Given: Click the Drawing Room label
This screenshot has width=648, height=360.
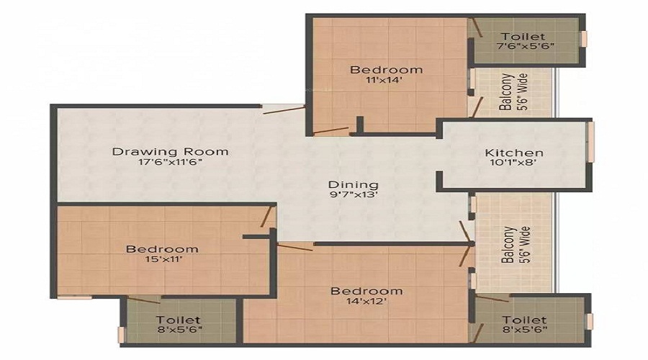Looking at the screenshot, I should (x=171, y=151).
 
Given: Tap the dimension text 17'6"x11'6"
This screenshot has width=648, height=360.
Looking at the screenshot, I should (x=171, y=163).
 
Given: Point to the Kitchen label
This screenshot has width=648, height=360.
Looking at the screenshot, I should (x=514, y=153).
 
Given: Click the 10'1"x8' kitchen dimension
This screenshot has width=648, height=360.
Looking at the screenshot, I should (x=514, y=163).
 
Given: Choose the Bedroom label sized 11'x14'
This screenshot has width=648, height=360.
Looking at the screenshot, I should (x=387, y=69).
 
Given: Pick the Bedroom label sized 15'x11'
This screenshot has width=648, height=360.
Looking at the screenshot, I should (x=162, y=249).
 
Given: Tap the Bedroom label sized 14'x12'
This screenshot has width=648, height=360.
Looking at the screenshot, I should (x=366, y=291).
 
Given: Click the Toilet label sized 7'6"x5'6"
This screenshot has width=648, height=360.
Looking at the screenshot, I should (x=523, y=36).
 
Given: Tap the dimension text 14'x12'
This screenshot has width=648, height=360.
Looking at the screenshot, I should (x=366, y=302).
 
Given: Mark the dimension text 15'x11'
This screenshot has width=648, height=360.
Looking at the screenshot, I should (x=162, y=260).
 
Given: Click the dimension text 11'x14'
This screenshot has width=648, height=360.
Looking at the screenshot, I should (x=387, y=81).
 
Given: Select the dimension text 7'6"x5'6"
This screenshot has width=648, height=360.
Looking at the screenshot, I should (x=523, y=47).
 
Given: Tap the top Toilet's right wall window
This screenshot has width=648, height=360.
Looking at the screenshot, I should (x=585, y=38).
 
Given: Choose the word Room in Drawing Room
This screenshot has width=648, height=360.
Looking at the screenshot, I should (x=209, y=151).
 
